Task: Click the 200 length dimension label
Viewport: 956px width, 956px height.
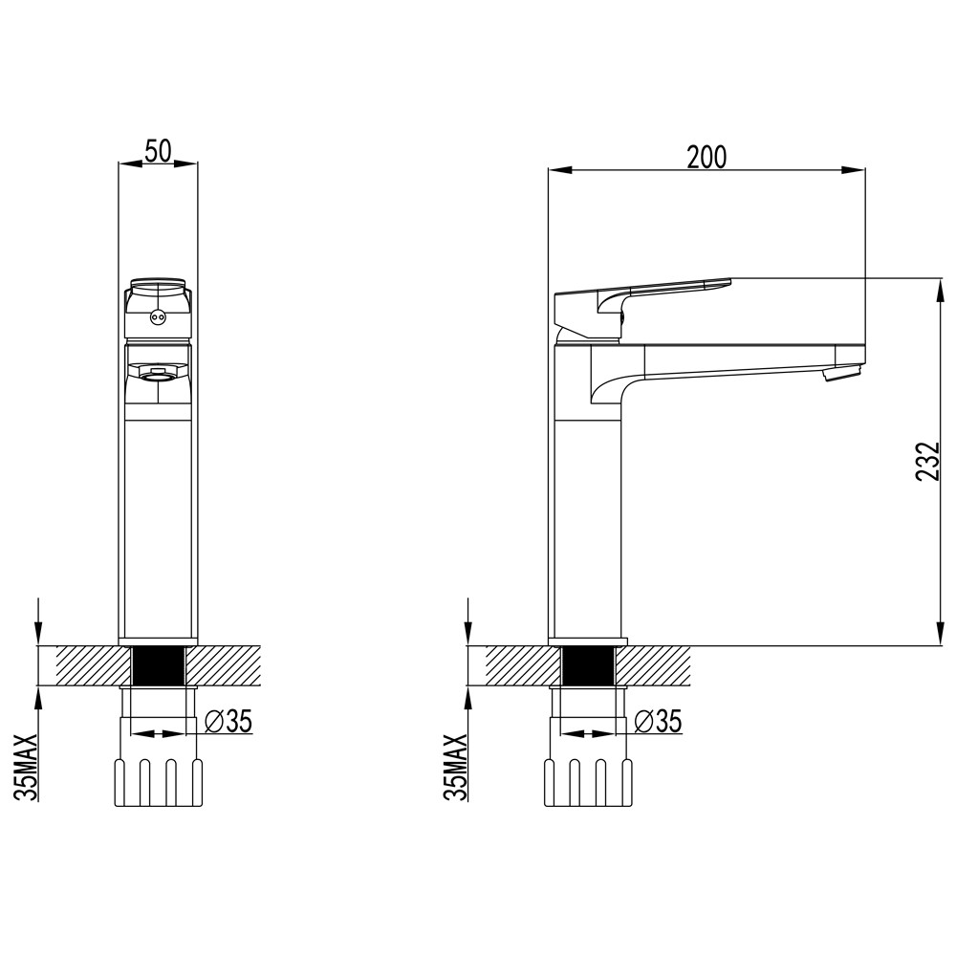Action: coord(706,157)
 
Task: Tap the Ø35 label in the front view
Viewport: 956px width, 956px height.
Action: coord(228,722)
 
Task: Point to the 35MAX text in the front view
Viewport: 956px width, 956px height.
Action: coord(29,767)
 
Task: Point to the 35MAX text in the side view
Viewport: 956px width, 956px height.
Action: coord(458,767)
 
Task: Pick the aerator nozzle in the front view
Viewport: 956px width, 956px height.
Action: coord(158,373)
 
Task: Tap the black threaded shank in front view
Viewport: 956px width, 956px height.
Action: coord(158,665)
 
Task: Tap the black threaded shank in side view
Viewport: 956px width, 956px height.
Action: coord(587,665)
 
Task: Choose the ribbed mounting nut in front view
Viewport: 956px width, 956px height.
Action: coord(158,782)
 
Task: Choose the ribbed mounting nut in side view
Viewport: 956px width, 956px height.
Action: coord(587,782)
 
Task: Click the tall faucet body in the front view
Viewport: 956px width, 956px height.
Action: coord(158,516)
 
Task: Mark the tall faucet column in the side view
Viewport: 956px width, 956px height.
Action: coord(587,516)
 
